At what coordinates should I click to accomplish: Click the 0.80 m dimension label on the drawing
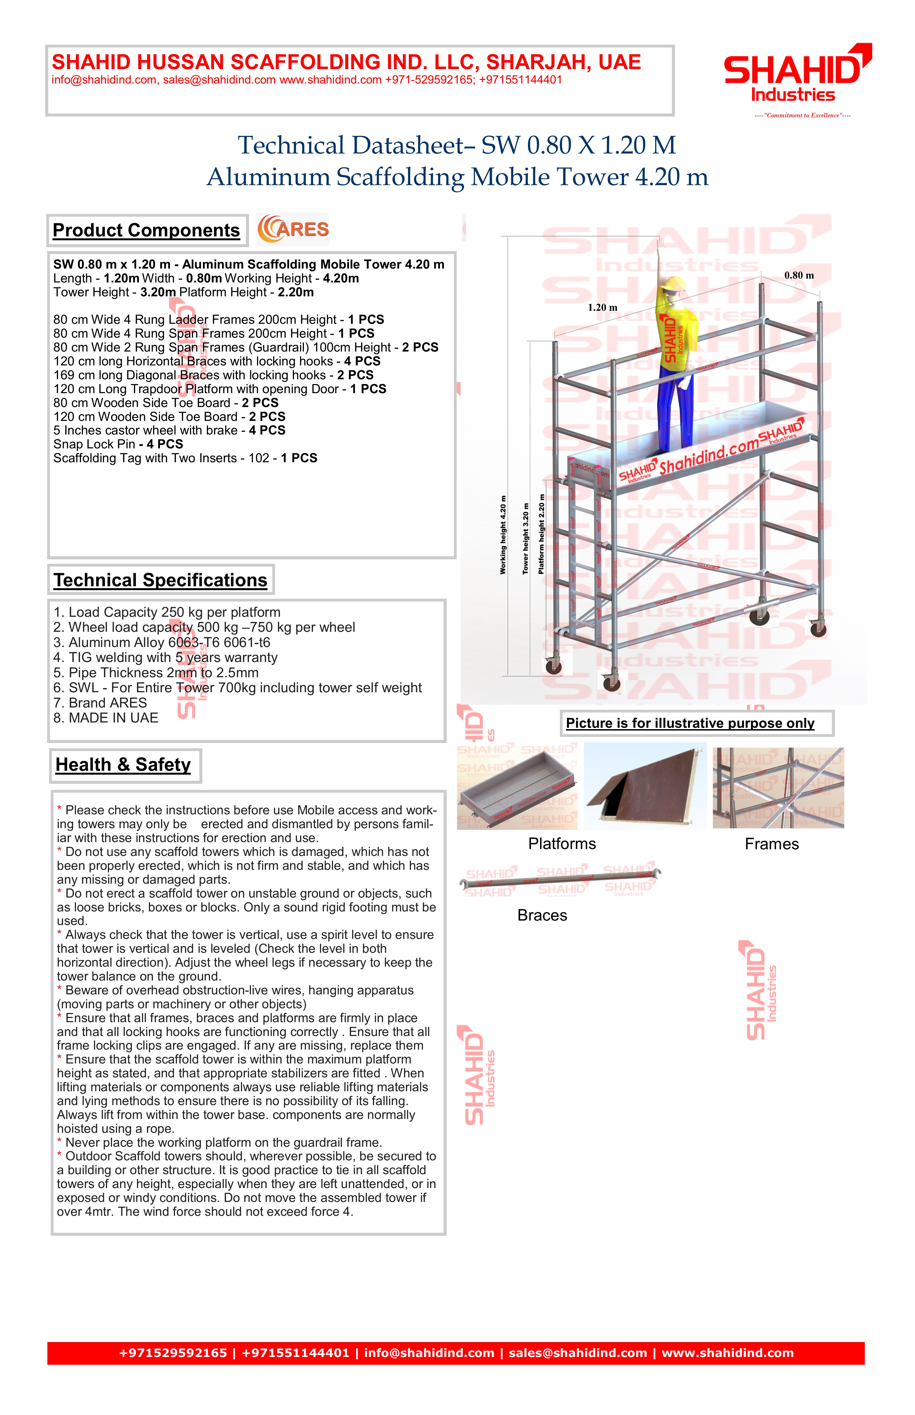(x=799, y=275)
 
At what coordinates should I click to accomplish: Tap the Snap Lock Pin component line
(x=118, y=444)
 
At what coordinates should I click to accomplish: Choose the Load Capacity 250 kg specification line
(x=167, y=612)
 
